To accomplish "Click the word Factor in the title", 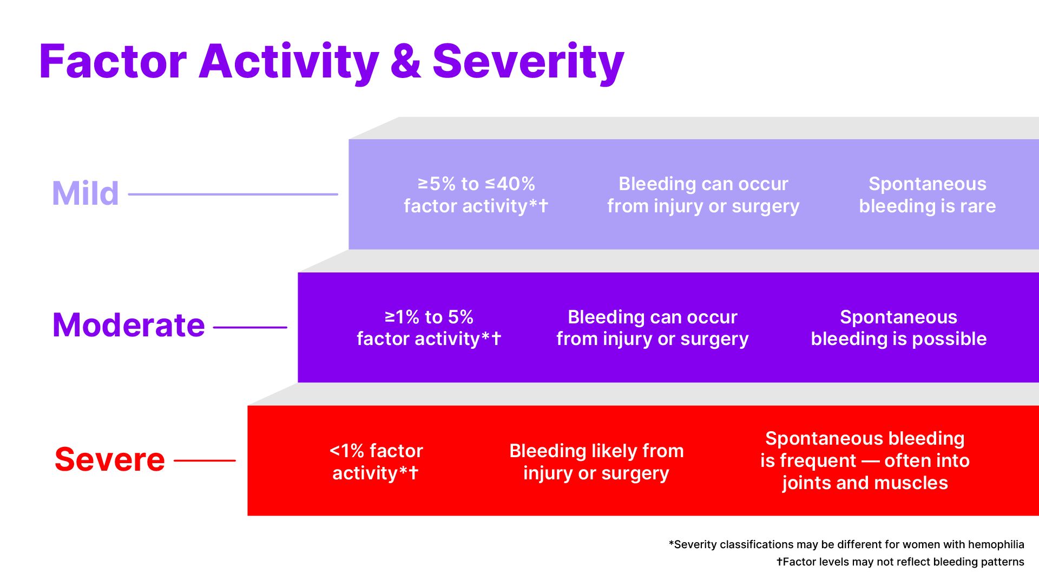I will pos(113,62).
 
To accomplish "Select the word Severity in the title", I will pos(528,62).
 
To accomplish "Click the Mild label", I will pos(86,193).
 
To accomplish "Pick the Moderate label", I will pos(128,326).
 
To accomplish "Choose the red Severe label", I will pos(110,460).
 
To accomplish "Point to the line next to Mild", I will pos(233,194).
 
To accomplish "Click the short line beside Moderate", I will pos(250,327).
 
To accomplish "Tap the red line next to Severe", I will pos(205,460).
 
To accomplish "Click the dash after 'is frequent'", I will pos(870,461).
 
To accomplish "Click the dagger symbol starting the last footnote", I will pos(779,562).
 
